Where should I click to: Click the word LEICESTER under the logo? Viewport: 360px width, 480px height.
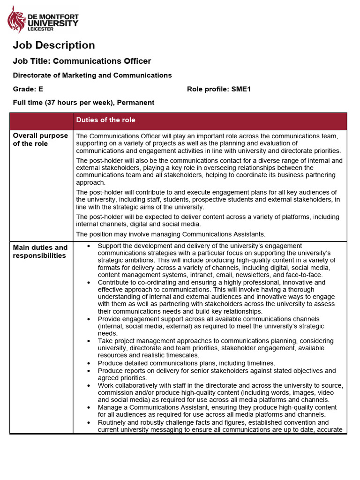click(x=41, y=29)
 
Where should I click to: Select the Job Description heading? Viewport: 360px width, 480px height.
click(x=53, y=45)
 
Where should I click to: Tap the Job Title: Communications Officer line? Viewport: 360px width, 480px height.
click(x=82, y=61)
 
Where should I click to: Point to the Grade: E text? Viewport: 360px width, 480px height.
click(x=28, y=89)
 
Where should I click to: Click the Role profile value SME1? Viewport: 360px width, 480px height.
click(x=241, y=89)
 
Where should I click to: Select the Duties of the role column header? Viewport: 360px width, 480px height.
click(x=105, y=120)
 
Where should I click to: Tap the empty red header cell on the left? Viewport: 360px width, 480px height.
click(x=41, y=121)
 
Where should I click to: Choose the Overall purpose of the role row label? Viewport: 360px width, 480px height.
click(x=40, y=140)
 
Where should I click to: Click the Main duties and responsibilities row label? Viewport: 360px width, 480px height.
click(x=40, y=251)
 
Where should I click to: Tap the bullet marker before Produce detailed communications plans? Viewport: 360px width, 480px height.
click(x=89, y=363)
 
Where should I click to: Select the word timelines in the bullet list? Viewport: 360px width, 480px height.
click(x=260, y=363)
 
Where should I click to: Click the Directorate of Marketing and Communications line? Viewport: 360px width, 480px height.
click(x=92, y=75)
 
